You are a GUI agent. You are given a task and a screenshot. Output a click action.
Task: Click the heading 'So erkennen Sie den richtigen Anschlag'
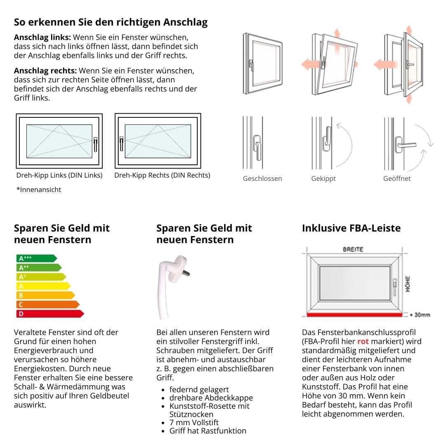tap(110, 22)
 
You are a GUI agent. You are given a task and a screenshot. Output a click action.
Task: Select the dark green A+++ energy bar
tap(35, 258)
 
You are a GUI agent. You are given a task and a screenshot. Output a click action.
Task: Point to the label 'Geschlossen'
tap(262, 179)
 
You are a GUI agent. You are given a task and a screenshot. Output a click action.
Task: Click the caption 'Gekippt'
tap(323, 179)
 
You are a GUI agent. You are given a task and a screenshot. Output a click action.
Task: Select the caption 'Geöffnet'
tap(397, 179)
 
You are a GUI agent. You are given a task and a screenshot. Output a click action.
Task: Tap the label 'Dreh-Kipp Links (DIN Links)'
tap(59, 175)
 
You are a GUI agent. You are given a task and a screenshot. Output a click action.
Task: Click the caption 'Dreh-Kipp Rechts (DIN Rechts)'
tap(162, 175)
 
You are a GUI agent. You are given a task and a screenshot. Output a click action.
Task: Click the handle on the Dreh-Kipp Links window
tap(95, 144)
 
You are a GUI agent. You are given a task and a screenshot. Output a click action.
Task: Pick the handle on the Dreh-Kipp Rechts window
tap(122, 144)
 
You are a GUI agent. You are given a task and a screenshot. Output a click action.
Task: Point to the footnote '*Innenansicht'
tap(39, 190)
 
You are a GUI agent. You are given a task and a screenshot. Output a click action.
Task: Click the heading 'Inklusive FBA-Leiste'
tap(351, 228)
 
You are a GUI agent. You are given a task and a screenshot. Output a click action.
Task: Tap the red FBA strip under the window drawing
tap(354, 315)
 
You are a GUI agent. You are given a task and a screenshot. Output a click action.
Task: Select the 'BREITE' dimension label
tap(353, 249)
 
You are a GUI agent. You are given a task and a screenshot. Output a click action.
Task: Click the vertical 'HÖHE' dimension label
tap(408, 283)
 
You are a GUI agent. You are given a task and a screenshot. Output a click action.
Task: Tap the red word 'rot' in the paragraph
tap(363, 342)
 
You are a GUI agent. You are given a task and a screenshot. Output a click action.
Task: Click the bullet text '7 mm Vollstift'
tap(194, 422)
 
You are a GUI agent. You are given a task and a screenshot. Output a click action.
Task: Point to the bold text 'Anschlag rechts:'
tap(45, 70)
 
